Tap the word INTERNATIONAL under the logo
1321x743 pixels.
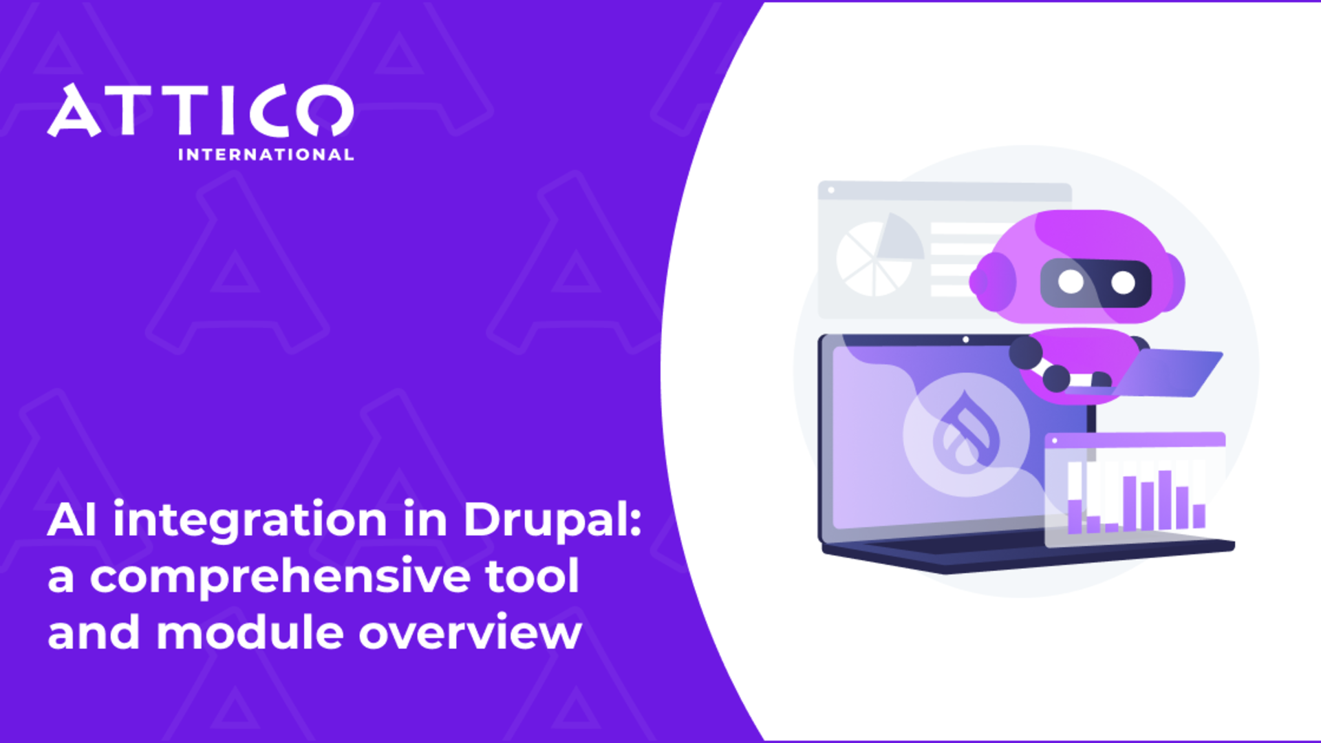pos(266,155)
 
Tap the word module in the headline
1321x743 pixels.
pos(250,633)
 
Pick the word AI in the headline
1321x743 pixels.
pos(72,519)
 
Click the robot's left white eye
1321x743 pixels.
pos(1071,281)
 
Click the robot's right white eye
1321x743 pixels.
pos(1123,282)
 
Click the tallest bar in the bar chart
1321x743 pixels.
pos(1164,499)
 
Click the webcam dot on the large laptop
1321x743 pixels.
pos(966,339)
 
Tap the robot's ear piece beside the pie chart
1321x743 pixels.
pos(991,281)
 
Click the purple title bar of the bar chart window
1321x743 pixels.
pos(1135,439)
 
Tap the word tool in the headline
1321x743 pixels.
pos(532,577)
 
